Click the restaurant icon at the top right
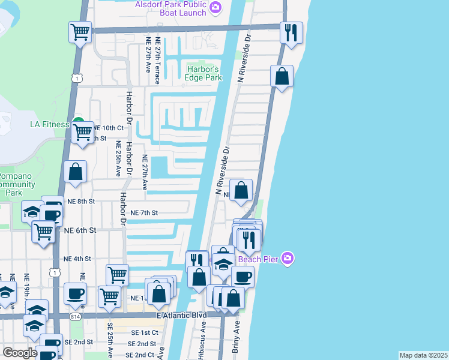(x=292, y=33)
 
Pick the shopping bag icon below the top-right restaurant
(x=281, y=76)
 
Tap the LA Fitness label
(x=50, y=125)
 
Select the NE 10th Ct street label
(x=107, y=128)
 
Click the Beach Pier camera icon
(x=288, y=259)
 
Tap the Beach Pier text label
(x=260, y=259)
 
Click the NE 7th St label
(x=144, y=213)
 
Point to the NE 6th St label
(x=80, y=230)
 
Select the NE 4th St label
(x=77, y=259)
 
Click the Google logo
(x=20, y=353)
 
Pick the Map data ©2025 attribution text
(x=423, y=355)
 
